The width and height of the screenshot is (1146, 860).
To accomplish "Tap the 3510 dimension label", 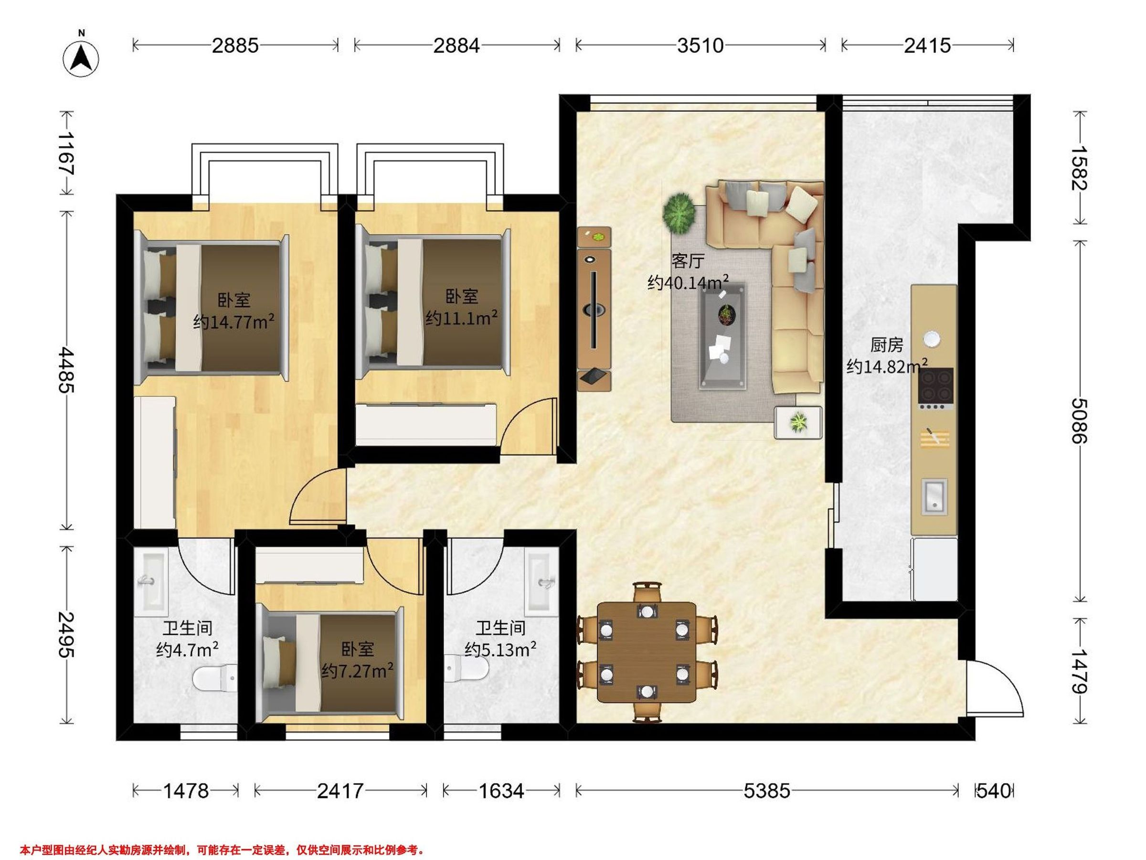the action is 700,45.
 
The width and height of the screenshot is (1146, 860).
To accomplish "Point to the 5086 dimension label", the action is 1080,420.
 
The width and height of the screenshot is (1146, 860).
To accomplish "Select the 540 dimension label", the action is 994,791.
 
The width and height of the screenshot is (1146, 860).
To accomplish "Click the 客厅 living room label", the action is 688,261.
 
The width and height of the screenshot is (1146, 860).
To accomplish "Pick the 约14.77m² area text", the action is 233,322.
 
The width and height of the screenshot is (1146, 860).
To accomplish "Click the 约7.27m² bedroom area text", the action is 357,671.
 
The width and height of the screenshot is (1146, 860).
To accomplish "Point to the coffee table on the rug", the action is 724,336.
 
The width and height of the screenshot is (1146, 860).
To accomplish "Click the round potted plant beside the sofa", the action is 679,212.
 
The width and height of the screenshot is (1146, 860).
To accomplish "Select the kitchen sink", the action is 934,496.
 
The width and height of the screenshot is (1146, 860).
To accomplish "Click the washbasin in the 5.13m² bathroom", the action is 541,582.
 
